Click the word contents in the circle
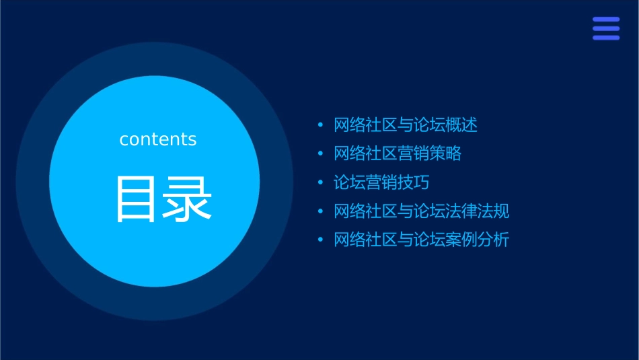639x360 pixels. pos(158,139)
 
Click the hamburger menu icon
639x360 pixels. pos(606,28)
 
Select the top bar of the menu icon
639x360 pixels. pos(606,20)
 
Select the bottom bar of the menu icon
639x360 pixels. pos(606,38)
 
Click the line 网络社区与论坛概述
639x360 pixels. pos(406,125)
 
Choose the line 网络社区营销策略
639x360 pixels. pos(398,153)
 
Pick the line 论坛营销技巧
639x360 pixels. pos(381,182)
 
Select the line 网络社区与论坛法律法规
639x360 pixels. pos(422,211)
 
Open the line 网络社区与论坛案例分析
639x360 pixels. pos(422,240)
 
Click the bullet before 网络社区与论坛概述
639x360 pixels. pos(320,125)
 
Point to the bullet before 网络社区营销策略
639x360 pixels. pos(320,154)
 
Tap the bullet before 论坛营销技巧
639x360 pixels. pos(320,183)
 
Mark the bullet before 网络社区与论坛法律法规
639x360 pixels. pos(320,212)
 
